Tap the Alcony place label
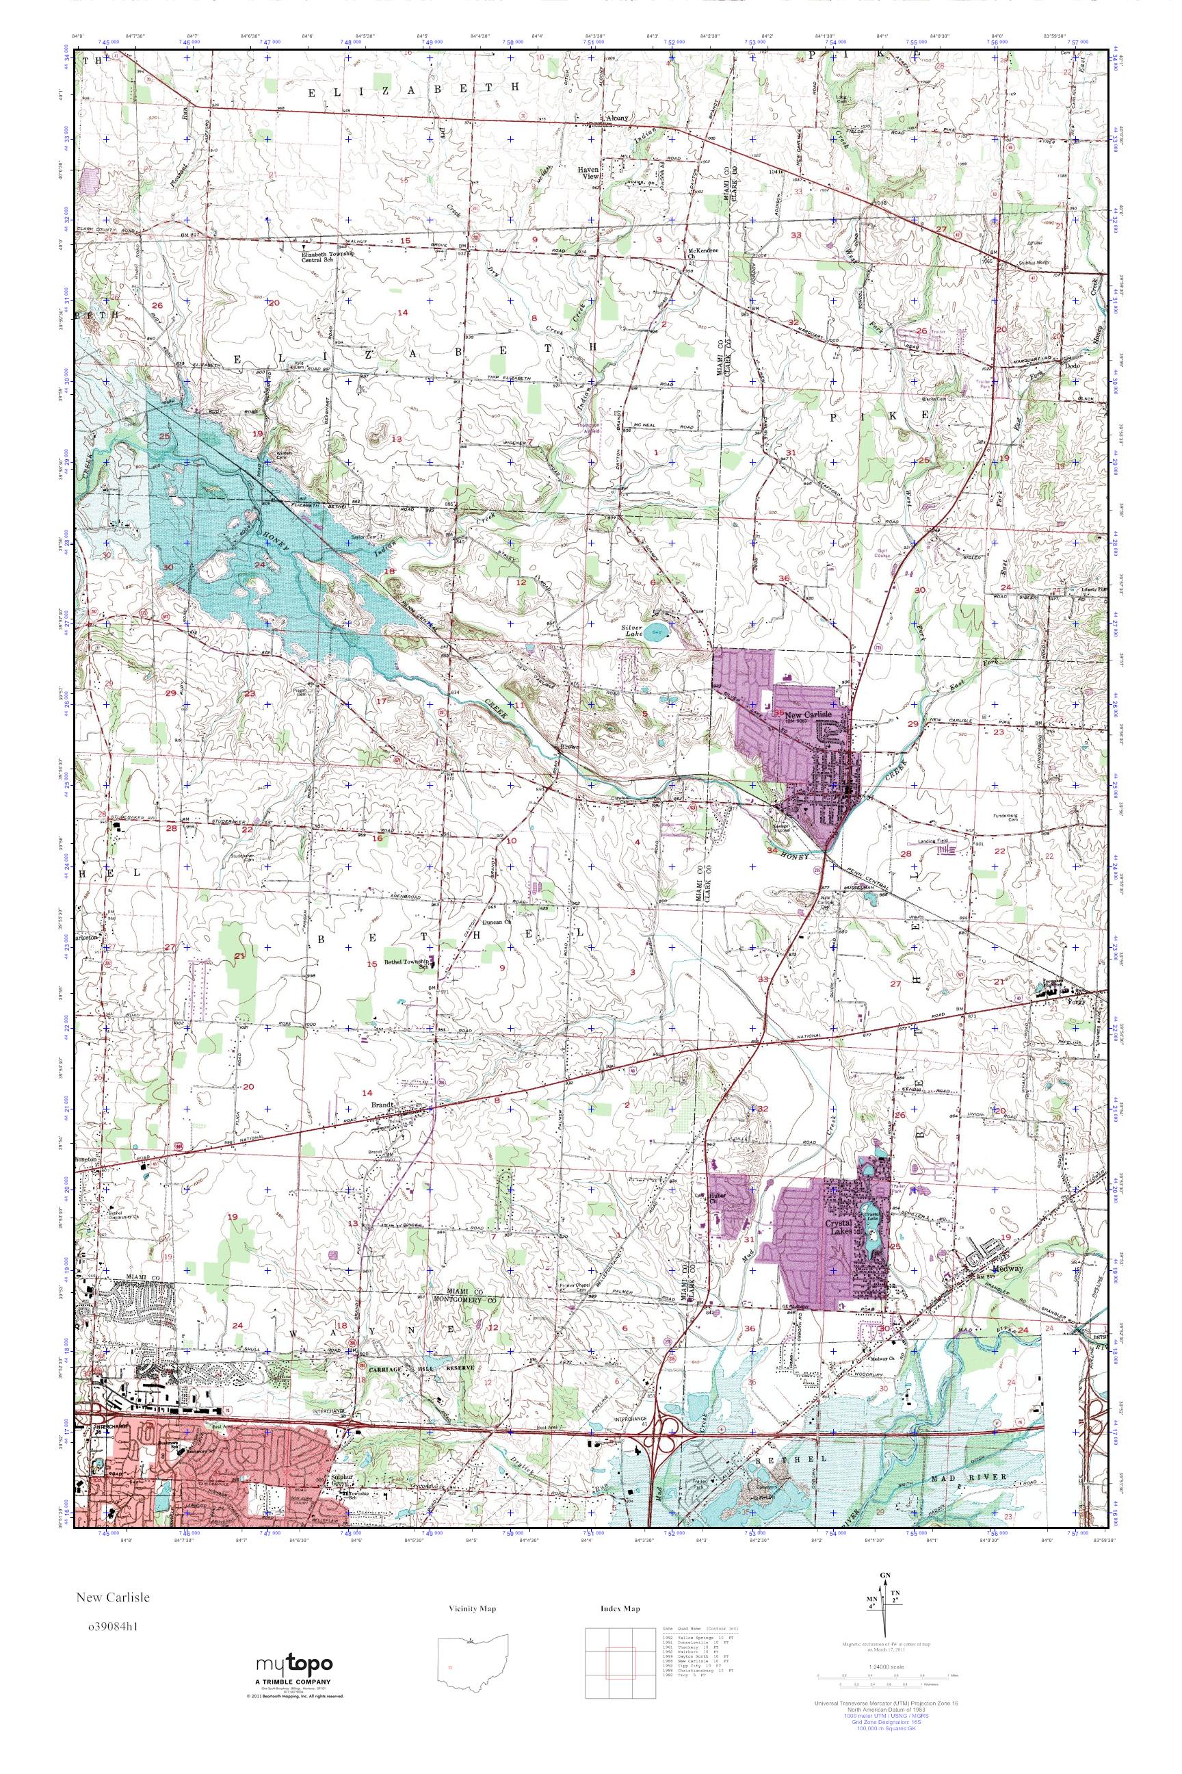[616, 118]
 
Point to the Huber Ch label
[716, 1198]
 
